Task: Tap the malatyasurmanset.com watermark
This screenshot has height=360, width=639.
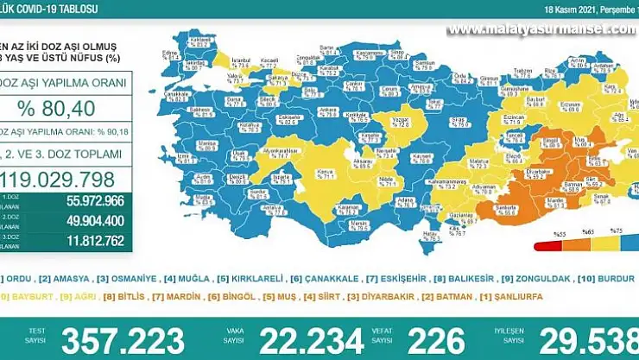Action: (x=541, y=28)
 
